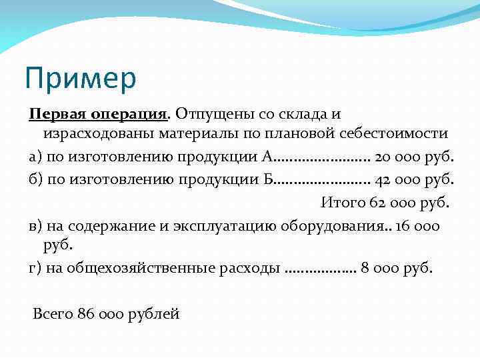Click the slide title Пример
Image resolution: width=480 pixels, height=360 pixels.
tap(81, 78)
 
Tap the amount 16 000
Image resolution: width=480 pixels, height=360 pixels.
tap(417, 225)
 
